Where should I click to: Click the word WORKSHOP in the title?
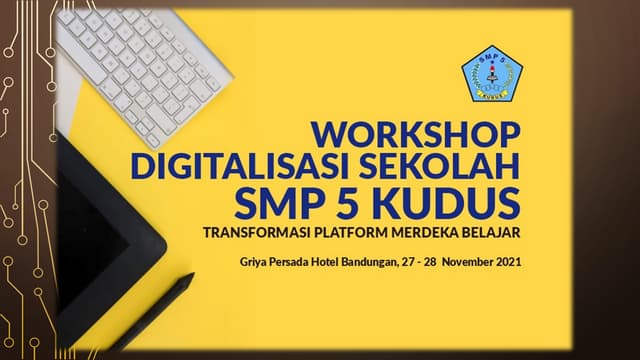pos(416,133)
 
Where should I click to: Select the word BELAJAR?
pos(494,234)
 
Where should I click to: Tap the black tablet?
pos(100,230)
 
